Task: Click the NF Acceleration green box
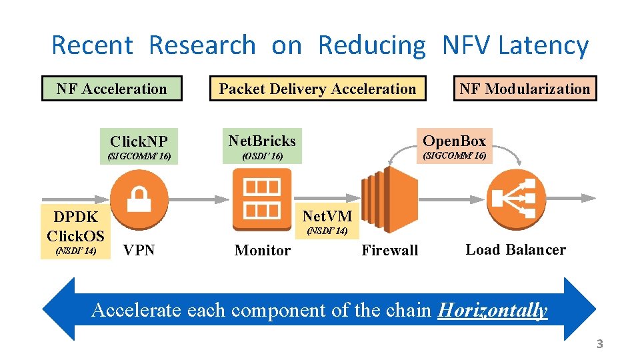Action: pos(111,89)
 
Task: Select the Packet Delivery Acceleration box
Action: pos(317,89)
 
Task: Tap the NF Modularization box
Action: pos(525,89)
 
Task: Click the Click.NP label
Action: pos(139,141)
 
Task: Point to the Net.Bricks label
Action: pos(262,141)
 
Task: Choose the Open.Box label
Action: pos(454,141)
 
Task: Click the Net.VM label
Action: pos(327,216)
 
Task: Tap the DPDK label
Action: pos(75,217)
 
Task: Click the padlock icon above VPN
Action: pos(139,198)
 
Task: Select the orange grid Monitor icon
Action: pos(262,199)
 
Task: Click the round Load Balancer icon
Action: pos(515,198)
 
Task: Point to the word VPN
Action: pos(139,250)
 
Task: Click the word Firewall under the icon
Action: pos(390,251)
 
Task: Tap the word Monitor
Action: pos(263,251)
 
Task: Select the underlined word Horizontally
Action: pos(492,310)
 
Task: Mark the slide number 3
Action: pos(599,344)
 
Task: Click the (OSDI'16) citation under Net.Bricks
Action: pos(262,156)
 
